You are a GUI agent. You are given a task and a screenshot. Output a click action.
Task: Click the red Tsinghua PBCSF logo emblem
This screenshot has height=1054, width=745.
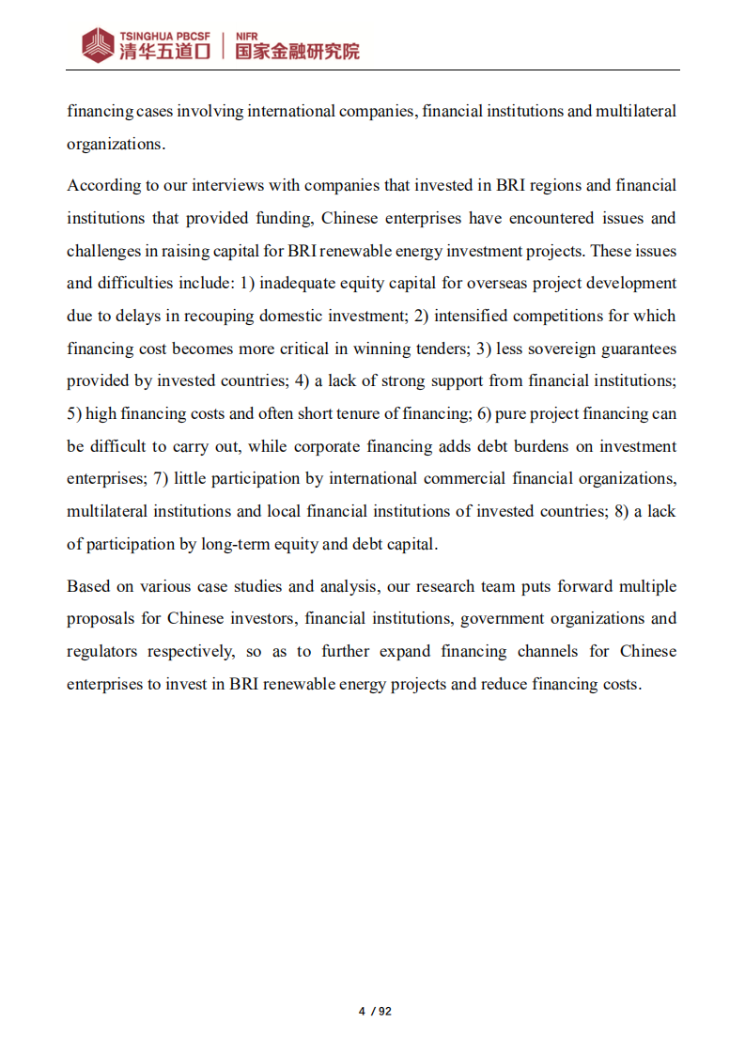(x=98, y=44)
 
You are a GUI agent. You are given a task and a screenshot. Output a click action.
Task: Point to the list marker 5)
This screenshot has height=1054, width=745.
(x=74, y=413)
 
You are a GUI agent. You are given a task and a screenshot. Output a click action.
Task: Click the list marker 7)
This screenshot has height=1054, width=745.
(x=160, y=478)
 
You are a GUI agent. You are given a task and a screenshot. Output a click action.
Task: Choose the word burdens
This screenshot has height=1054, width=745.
(x=513, y=446)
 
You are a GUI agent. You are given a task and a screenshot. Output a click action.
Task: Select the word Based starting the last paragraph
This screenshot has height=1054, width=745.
(x=88, y=586)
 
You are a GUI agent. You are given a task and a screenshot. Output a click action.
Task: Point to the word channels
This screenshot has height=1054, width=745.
(x=547, y=651)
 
